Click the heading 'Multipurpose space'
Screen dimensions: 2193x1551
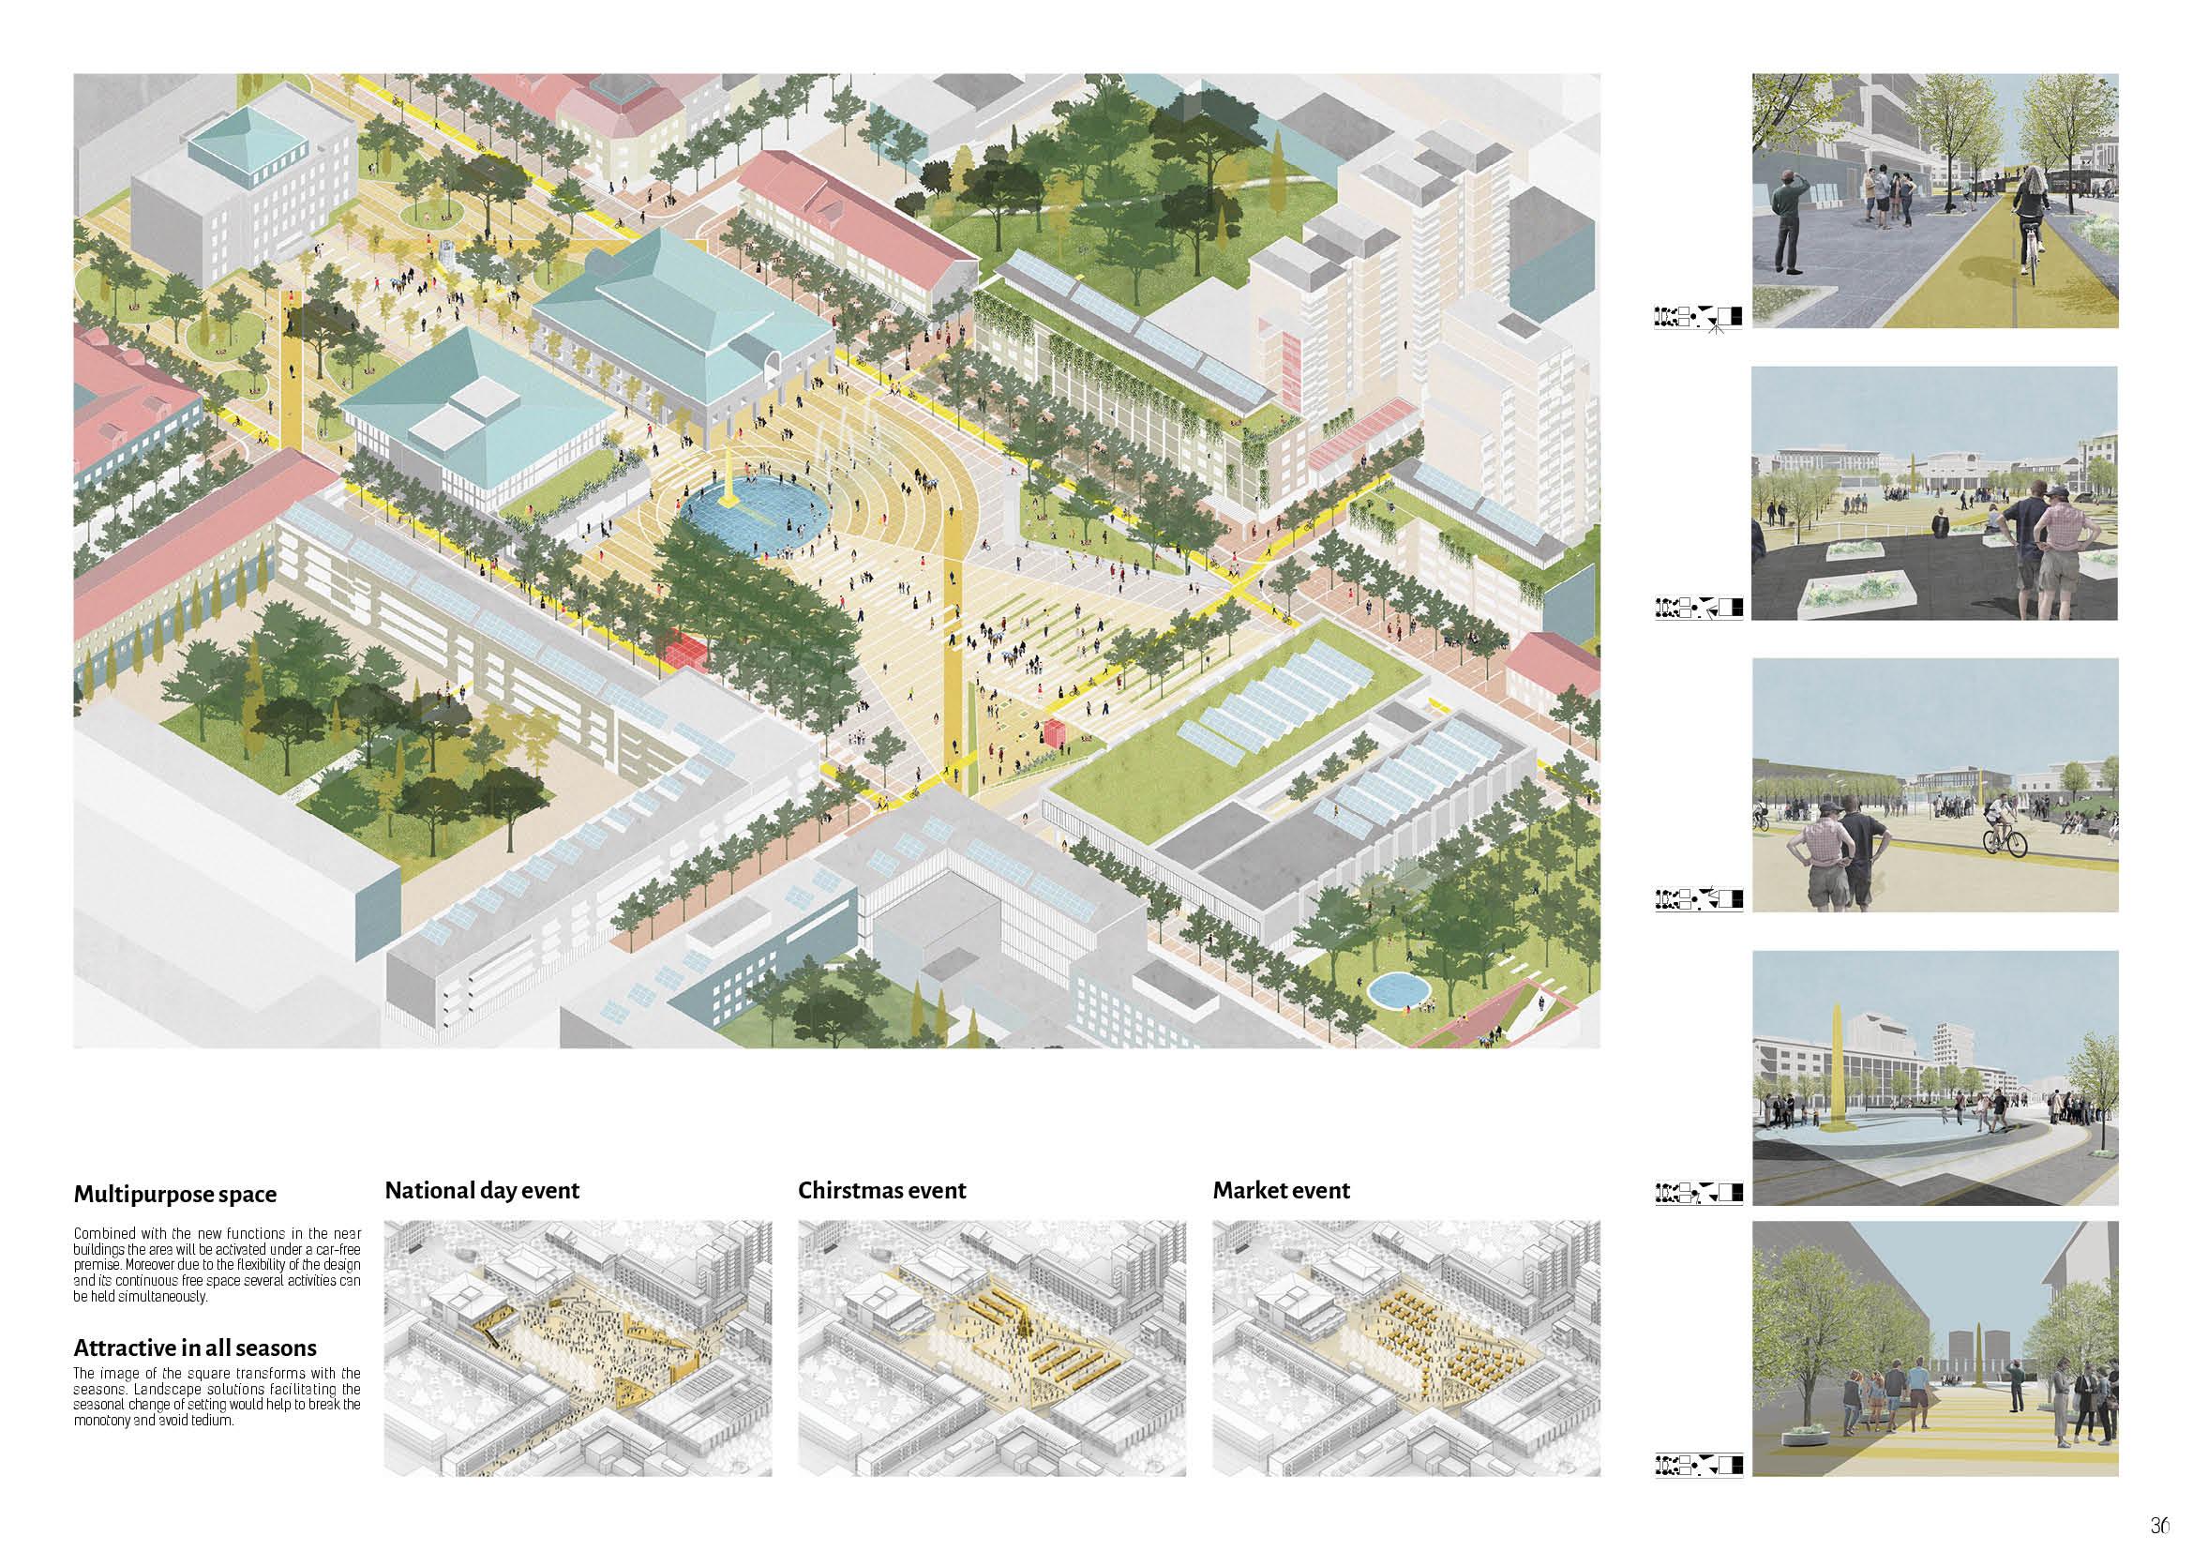(x=174, y=1194)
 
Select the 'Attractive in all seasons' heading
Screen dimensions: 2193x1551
(x=195, y=1348)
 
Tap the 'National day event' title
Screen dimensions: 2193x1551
(x=481, y=1190)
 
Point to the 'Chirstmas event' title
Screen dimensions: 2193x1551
(x=881, y=1190)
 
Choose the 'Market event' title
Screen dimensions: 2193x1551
(x=1281, y=1190)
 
